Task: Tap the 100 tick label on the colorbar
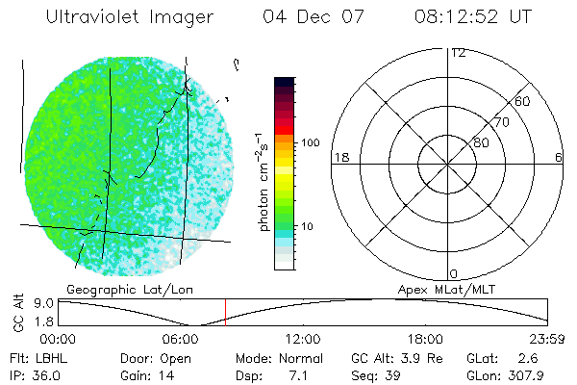(x=311, y=142)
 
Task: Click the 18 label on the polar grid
(x=339, y=157)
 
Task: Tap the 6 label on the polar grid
(x=558, y=157)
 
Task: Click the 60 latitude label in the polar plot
(x=523, y=101)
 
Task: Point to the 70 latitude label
(x=501, y=122)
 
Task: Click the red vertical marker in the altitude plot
(x=225, y=312)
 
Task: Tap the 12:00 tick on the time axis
(x=304, y=339)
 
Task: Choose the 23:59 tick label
(x=549, y=339)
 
